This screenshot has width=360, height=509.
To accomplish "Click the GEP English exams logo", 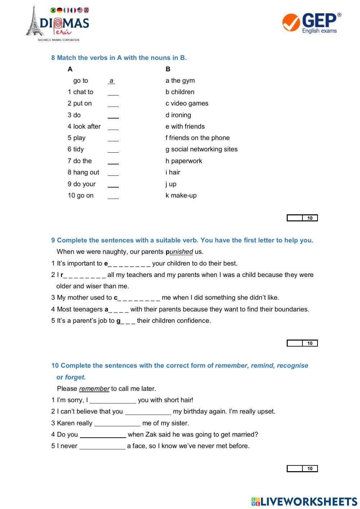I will coord(311,23).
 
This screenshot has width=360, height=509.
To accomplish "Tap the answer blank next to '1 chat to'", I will coord(113,93).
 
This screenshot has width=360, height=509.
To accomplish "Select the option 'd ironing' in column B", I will coord(178,115).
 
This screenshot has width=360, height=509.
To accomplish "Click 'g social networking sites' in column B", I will coord(201,149).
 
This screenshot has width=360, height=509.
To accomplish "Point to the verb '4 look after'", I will coord(84,126).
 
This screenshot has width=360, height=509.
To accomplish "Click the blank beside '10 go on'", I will coord(113,196).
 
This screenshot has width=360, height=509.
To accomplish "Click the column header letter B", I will coord(168,69).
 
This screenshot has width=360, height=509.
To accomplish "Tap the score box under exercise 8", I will coord(302,218).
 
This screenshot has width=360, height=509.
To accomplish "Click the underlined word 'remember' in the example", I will coord(94,389).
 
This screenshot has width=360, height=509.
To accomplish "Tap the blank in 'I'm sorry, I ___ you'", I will coord(113,401).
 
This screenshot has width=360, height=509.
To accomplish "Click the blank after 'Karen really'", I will coord(117,423).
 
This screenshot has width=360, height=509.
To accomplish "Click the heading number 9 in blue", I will coord(53,240).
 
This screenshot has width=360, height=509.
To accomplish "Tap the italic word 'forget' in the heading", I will coord(75,377).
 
